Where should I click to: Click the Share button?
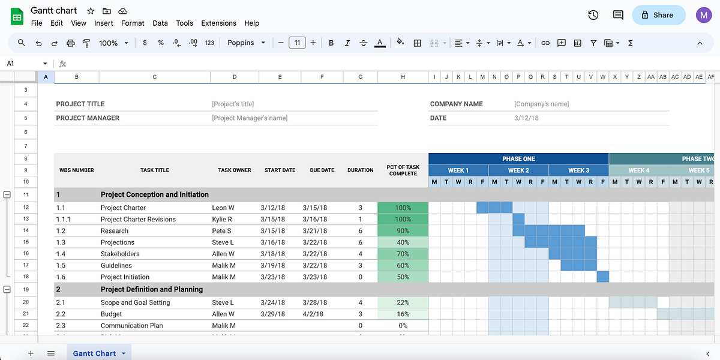coord(658,15)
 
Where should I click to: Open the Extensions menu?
coord(218,23)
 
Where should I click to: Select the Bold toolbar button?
coord(331,43)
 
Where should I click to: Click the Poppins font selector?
coord(246,43)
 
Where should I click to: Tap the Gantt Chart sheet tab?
coord(95,353)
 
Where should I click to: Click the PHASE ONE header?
coord(518,159)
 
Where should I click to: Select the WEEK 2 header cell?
coord(518,170)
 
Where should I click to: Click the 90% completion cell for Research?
coord(403,231)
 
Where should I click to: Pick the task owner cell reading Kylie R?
coord(222,220)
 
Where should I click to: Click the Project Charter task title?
coord(123,208)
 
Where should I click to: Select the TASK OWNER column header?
coord(234,170)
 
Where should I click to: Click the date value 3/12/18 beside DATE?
coord(526,118)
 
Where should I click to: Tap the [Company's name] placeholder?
coord(541,104)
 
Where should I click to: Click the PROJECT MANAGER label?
coord(88,118)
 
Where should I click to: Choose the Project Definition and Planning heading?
coord(151,289)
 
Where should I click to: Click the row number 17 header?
coord(26,266)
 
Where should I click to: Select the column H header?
coord(403,77)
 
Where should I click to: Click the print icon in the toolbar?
coord(71,43)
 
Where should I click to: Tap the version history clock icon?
coord(593,15)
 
